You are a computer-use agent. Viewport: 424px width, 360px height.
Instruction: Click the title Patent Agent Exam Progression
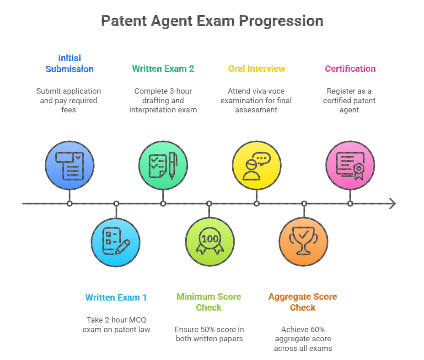click(212, 21)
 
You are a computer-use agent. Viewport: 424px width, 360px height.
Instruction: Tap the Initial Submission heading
click(70, 64)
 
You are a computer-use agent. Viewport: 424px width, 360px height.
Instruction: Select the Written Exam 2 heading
click(163, 69)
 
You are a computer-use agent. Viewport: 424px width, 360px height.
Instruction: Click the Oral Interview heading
click(257, 69)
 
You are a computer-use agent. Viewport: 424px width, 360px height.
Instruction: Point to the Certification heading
click(350, 69)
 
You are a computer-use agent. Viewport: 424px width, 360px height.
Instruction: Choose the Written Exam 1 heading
click(116, 297)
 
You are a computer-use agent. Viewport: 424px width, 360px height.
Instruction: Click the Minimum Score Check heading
click(209, 302)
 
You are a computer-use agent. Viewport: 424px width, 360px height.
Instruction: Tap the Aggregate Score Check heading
click(303, 302)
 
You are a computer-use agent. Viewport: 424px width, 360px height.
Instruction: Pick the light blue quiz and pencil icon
click(116, 242)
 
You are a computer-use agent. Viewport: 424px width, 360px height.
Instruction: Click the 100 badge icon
click(209, 242)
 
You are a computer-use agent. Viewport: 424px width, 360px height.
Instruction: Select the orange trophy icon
click(303, 242)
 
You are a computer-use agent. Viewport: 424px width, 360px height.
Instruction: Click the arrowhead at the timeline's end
click(392, 204)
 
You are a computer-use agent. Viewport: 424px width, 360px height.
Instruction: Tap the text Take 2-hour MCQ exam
click(116, 324)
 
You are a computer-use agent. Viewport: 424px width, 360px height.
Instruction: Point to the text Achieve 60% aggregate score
click(303, 339)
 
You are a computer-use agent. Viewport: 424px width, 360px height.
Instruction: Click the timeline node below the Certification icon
click(350, 204)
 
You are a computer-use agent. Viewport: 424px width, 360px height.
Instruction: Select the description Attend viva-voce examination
click(257, 101)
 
